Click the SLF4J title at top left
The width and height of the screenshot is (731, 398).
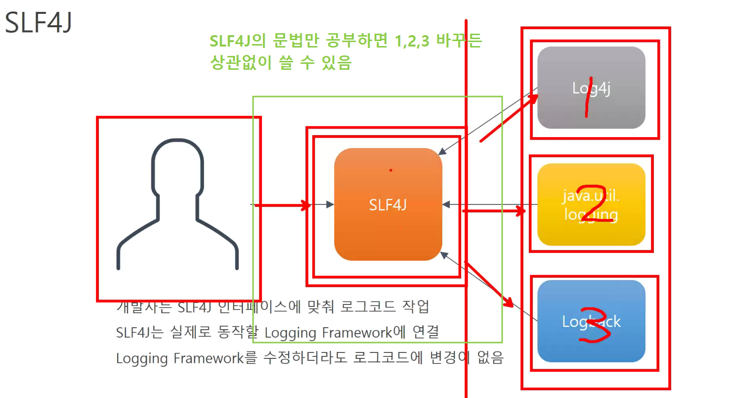[39, 23]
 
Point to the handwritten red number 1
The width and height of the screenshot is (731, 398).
[588, 97]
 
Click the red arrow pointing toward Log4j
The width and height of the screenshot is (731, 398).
[509, 118]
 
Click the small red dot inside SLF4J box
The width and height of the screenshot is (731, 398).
[390, 170]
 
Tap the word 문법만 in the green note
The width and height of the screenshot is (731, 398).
[299, 42]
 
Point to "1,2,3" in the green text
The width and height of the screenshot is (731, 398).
[412, 42]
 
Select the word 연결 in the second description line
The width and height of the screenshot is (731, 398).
[426, 332]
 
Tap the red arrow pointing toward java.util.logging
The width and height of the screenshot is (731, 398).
[494, 211]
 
